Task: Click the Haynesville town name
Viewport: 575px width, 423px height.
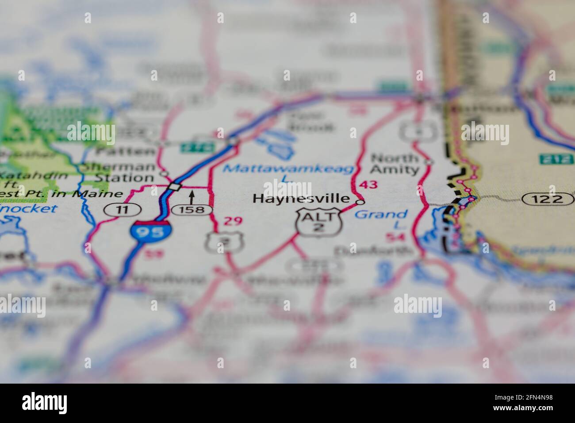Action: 301,199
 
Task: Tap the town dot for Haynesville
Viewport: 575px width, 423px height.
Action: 360,202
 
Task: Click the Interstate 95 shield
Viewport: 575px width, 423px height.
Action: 150,231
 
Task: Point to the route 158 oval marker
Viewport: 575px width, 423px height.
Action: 192,209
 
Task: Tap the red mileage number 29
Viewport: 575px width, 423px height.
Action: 233,221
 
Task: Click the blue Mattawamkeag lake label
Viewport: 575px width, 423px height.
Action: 288,169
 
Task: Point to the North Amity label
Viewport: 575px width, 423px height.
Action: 394,164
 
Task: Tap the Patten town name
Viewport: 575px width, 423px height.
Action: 126,151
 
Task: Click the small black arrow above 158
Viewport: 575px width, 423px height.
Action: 192,196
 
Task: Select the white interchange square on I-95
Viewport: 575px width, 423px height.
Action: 176,187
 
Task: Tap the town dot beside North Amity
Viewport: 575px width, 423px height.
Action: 428,162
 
